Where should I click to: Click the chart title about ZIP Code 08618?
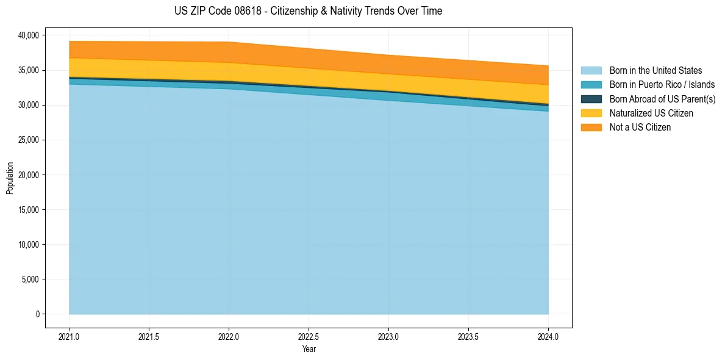point(308,11)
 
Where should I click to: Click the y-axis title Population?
point(10,178)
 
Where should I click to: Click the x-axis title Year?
point(309,350)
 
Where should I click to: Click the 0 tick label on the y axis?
point(37,314)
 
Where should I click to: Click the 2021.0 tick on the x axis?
point(69,336)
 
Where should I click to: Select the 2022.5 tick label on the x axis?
point(309,336)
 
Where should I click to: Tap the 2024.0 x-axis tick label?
point(548,336)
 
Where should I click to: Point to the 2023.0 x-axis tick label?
point(388,336)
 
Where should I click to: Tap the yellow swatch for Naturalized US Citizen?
point(591,113)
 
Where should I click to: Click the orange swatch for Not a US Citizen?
point(591,128)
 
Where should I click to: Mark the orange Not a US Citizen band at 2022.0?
point(229,52)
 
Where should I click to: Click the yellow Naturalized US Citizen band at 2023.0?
point(388,82)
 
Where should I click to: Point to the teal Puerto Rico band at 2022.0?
point(229,86)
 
